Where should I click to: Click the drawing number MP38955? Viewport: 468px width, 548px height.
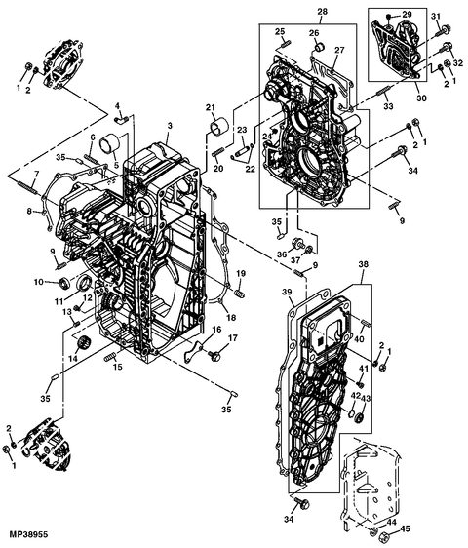pos(28,534)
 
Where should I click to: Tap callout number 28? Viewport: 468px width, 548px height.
pos(323,11)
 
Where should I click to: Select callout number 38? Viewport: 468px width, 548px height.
pos(364,264)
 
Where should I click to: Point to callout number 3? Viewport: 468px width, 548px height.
pos(170,126)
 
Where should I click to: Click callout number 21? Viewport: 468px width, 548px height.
pos(210,107)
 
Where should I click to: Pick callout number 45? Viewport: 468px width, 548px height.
pos(405,529)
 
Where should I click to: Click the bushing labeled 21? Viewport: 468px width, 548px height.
pos(220,127)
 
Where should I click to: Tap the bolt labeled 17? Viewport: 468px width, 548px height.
pos(214,355)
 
